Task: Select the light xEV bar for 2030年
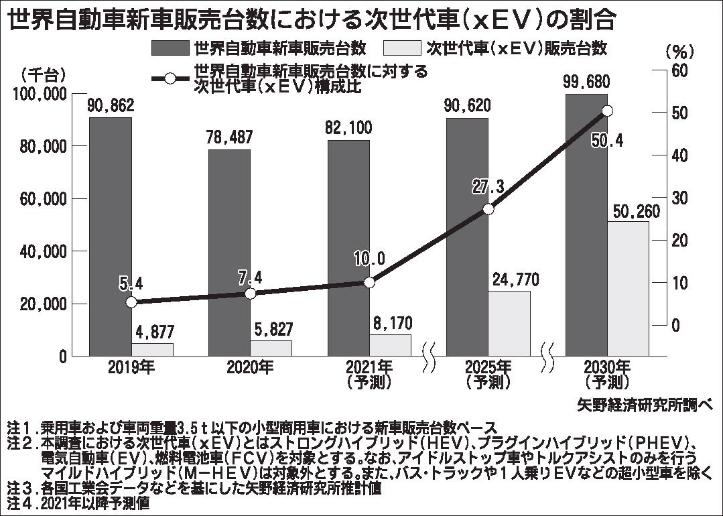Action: tap(628, 288)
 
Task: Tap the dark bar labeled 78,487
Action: tap(229, 252)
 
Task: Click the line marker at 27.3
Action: tap(488, 209)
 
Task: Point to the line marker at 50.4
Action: tap(607, 111)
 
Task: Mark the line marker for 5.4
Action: tap(131, 302)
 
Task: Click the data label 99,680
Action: tap(586, 82)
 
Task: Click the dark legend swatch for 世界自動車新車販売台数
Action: tap(170, 48)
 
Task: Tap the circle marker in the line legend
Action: tap(170, 78)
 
